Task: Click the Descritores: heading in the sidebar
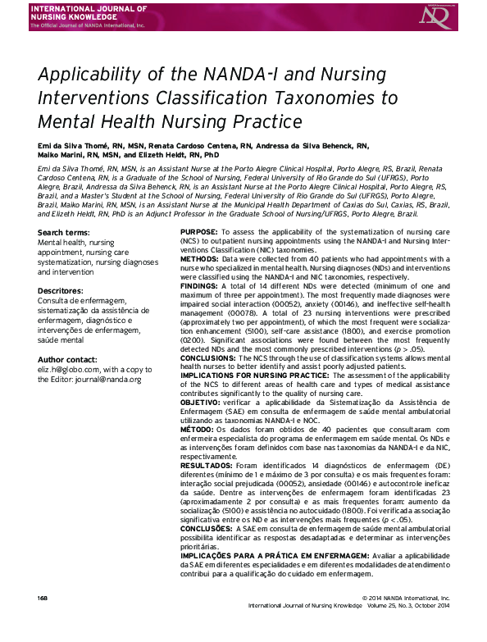point(61,290)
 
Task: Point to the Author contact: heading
point(70,360)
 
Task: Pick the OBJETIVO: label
point(201,403)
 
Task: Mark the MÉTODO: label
point(198,426)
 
